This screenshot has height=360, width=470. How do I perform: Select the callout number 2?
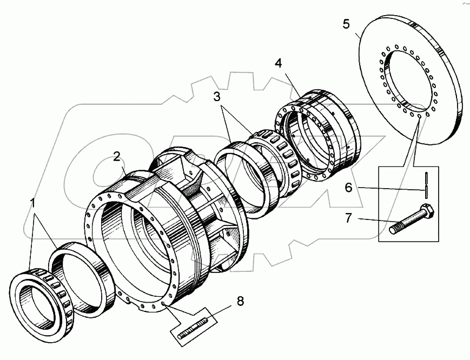[x=116, y=157]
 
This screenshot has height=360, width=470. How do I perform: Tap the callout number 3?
[x=216, y=97]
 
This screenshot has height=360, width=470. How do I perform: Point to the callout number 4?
[x=278, y=63]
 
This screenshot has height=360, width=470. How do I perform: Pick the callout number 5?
[x=346, y=24]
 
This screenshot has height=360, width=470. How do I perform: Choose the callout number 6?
[x=348, y=188]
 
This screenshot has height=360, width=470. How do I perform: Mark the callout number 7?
[x=348, y=218]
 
